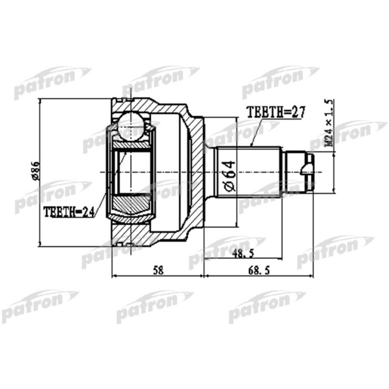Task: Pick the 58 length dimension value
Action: pos(158,270)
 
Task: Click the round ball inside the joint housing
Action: pos(132,124)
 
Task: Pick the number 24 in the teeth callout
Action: pos(89,211)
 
